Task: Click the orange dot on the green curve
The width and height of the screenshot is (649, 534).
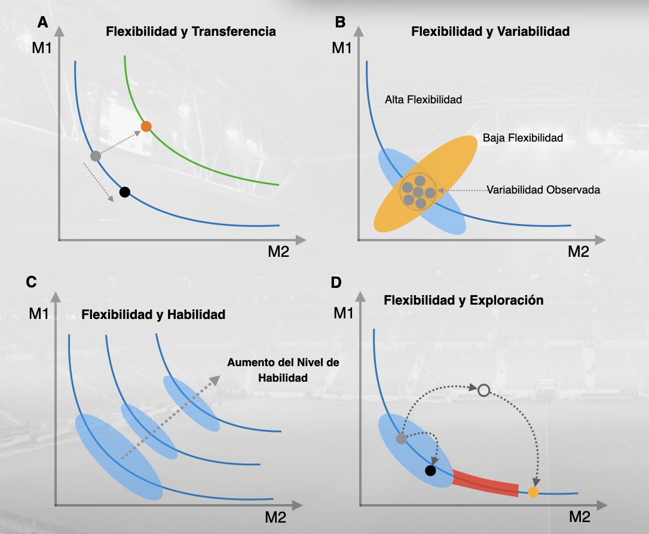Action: click(x=146, y=126)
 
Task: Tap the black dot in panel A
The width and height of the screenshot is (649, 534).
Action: click(x=124, y=192)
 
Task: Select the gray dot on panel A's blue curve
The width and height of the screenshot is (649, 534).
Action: click(x=96, y=156)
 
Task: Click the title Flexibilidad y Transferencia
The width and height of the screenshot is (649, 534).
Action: click(x=191, y=32)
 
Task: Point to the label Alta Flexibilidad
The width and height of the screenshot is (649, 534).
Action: click(x=423, y=100)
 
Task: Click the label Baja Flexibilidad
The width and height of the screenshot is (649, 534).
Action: click(x=523, y=138)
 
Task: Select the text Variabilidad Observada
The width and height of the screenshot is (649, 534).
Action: click(x=543, y=190)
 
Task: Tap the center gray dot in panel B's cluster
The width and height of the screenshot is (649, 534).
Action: click(x=418, y=192)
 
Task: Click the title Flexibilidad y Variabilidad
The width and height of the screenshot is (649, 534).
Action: click(x=490, y=32)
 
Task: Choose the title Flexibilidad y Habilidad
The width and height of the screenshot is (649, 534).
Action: click(x=153, y=314)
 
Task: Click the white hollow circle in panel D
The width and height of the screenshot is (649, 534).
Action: click(x=484, y=390)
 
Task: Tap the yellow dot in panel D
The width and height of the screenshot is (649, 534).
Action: click(x=534, y=492)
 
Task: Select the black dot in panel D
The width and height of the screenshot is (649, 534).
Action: click(x=430, y=471)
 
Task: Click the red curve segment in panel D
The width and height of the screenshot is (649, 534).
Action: click(x=485, y=483)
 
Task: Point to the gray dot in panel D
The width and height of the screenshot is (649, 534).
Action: click(x=402, y=439)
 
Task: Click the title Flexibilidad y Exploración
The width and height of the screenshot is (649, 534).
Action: click(x=463, y=300)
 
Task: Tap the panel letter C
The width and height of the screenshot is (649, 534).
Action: click(x=31, y=282)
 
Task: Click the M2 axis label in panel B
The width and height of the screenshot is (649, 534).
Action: click(x=578, y=251)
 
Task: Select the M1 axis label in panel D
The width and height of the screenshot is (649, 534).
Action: click(x=344, y=312)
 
